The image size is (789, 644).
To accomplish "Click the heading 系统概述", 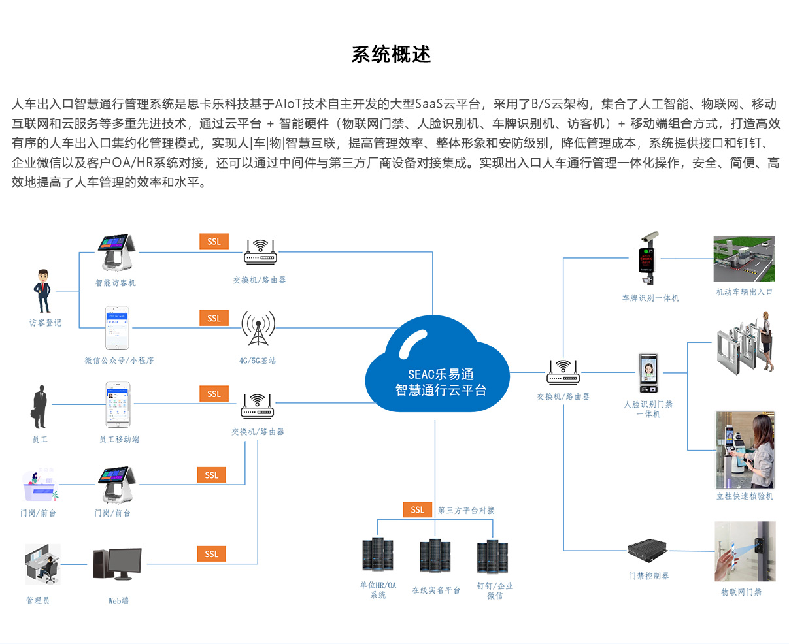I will pyautogui.click(x=391, y=54).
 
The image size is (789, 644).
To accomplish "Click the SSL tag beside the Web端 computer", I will pyautogui.click(x=211, y=554).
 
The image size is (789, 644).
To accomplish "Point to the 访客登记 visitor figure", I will pyautogui.click(x=43, y=291).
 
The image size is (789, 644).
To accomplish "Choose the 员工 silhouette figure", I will pyautogui.click(x=40, y=406).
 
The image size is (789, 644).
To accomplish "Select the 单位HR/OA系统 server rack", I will pyautogui.click(x=378, y=555).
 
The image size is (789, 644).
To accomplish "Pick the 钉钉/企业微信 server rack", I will pyautogui.click(x=494, y=556).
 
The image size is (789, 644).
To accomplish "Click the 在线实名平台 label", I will pyautogui.click(x=436, y=590).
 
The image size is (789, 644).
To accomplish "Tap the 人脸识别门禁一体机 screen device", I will pyautogui.click(x=648, y=374).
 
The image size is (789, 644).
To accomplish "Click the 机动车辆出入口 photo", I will pyautogui.click(x=744, y=259).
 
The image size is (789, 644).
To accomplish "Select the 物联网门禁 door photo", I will pyautogui.click(x=745, y=551).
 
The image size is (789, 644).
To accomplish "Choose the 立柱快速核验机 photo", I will pyautogui.click(x=745, y=450).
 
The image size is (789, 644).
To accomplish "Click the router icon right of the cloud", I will pyautogui.click(x=563, y=372).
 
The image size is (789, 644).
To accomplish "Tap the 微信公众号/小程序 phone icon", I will pyautogui.click(x=118, y=329).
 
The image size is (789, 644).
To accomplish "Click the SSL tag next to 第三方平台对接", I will pyautogui.click(x=417, y=509).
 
